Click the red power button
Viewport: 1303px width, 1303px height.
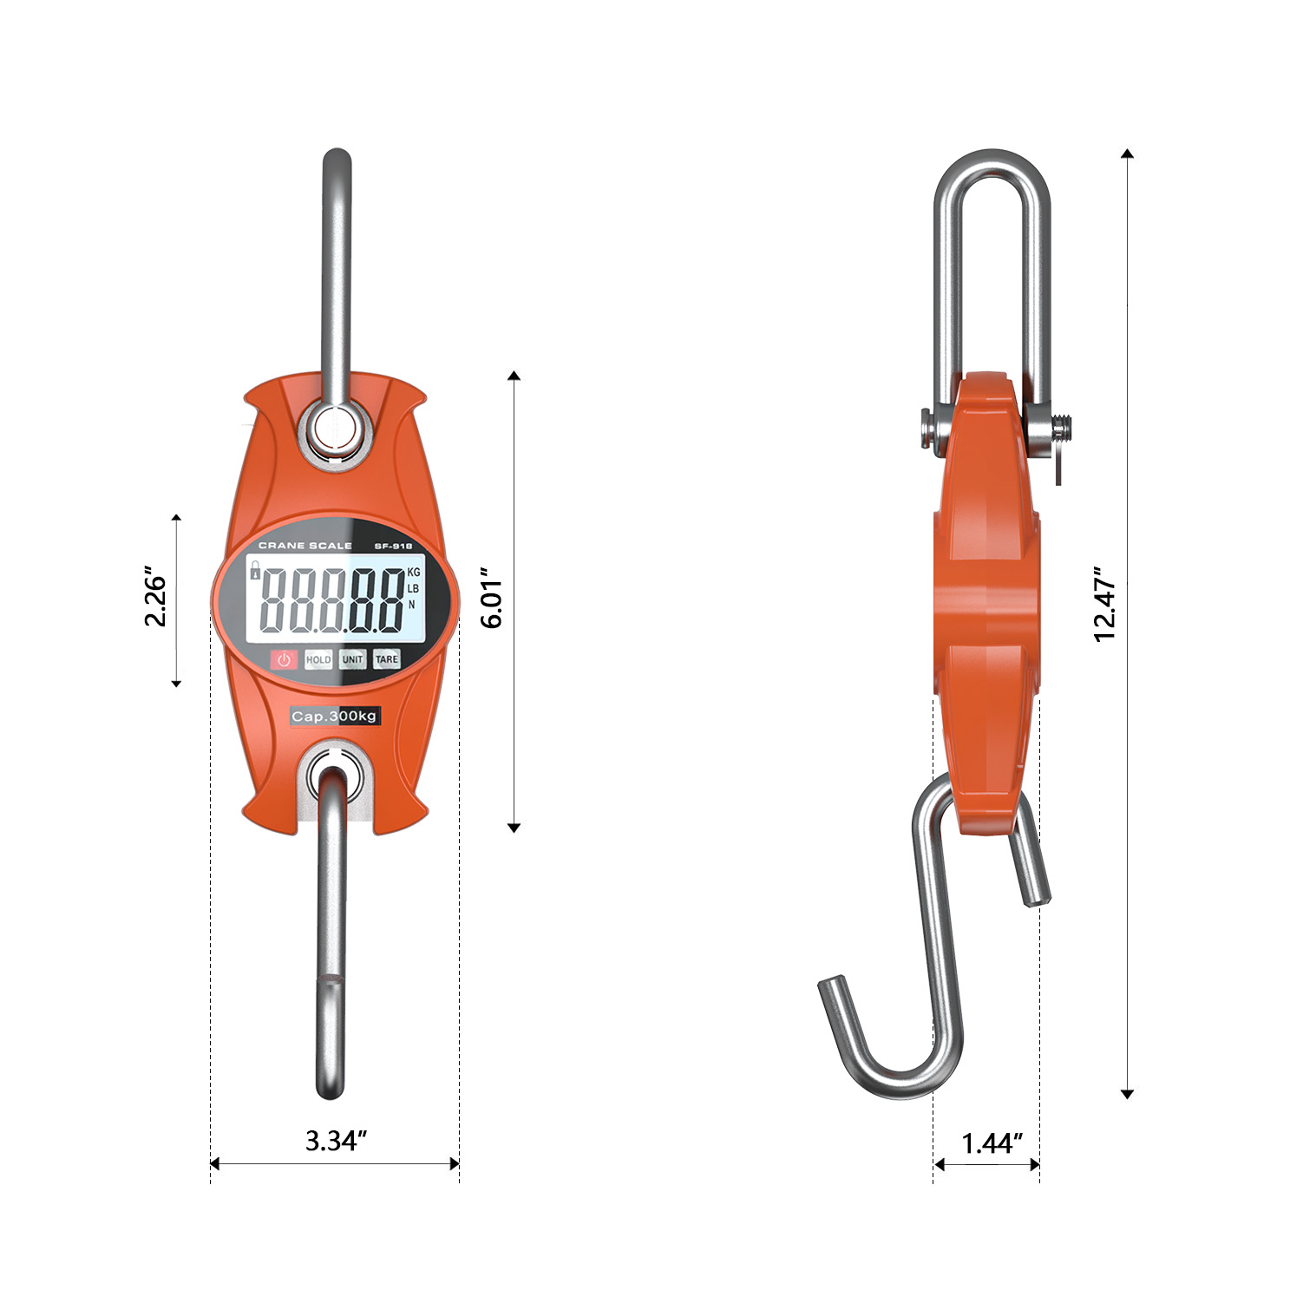click(x=284, y=659)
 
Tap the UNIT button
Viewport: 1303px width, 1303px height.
click(x=352, y=659)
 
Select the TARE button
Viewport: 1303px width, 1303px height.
click(x=387, y=659)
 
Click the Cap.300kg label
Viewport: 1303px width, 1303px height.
click(x=334, y=716)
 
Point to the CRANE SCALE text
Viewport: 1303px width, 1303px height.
click(x=305, y=546)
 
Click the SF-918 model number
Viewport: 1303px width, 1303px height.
click(x=393, y=547)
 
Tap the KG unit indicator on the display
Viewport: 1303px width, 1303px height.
click(x=413, y=573)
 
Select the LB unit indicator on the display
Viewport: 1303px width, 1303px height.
click(x=413, y=588)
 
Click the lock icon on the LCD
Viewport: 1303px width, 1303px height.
click(x=255, y=570)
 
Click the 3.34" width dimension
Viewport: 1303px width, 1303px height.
click(x=336, y=1140)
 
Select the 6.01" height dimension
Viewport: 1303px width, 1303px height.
click(x=492, y=599)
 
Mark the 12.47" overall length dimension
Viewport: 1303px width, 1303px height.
click(x=1104, y=605)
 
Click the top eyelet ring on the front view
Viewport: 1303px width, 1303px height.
click(x=336, y=428)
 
